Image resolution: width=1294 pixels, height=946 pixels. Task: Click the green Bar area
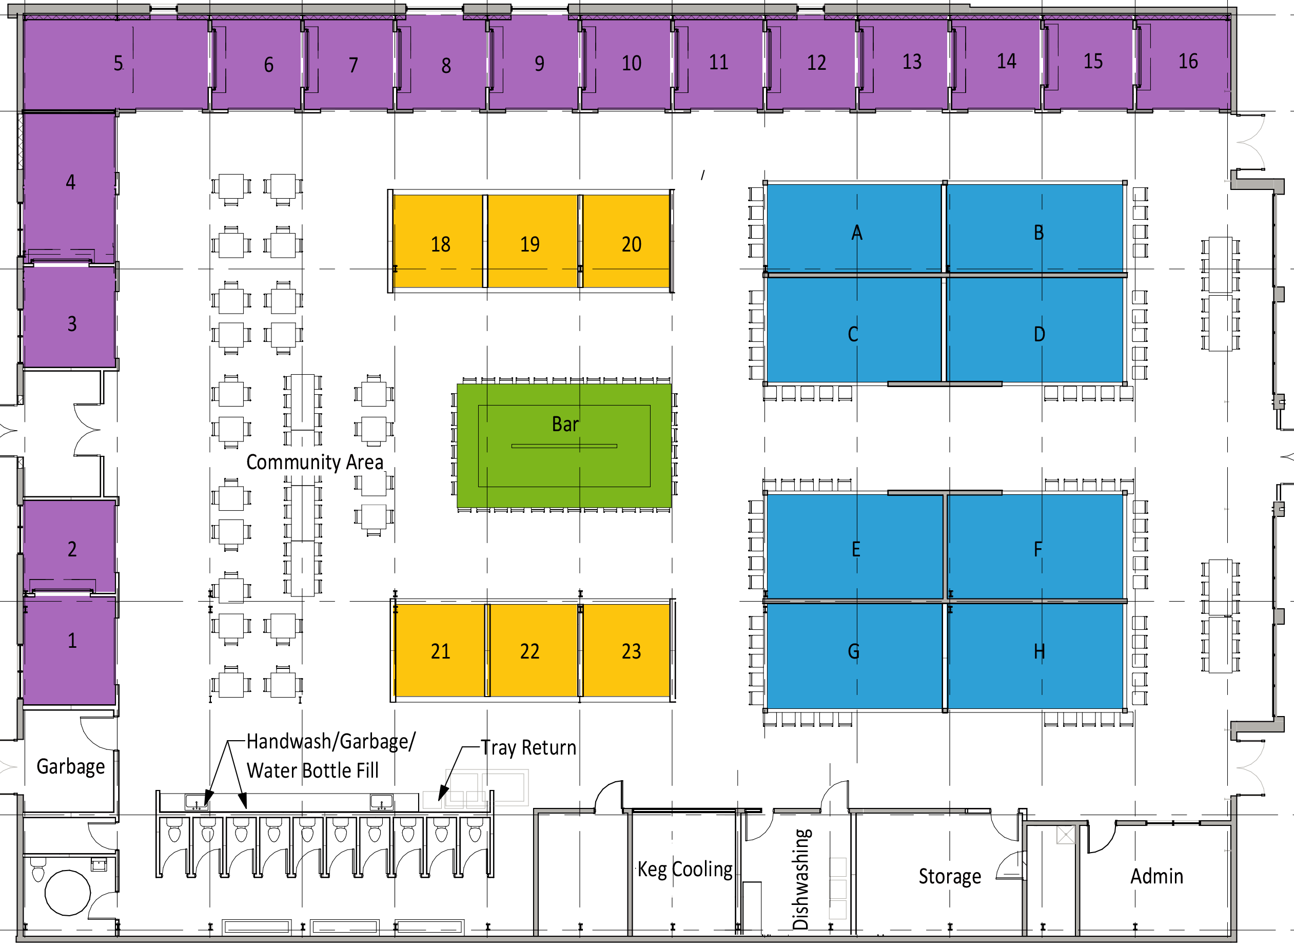click(x=564, y=446)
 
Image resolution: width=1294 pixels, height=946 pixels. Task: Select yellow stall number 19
click(x=533, y=241)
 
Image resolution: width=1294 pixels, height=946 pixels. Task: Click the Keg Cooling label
click(x=684, y=870)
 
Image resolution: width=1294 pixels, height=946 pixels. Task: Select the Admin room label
click(x=1156, y=876)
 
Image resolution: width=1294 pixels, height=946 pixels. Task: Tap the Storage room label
click(x=950, y=877)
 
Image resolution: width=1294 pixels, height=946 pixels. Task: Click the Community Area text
click(x=314, y=462)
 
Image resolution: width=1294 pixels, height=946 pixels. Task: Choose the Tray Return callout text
click(x=528, y=747)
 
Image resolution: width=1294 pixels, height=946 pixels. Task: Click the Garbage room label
click(x=70, y=767)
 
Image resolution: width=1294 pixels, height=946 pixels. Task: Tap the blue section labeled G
click(x=854, y=656)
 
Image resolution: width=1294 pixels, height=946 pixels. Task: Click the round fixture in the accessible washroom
click(x=68, y=893)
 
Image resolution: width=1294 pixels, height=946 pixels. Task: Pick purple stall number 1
click(x=69, y=650)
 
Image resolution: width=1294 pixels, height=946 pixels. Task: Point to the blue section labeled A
click(x=853, y=228)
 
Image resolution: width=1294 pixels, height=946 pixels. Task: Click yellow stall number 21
click(x=440, y=650)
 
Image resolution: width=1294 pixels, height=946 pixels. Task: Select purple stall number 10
click(x=626, y=63)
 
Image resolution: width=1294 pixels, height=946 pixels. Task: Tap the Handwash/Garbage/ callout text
click(x=331, y=741)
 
